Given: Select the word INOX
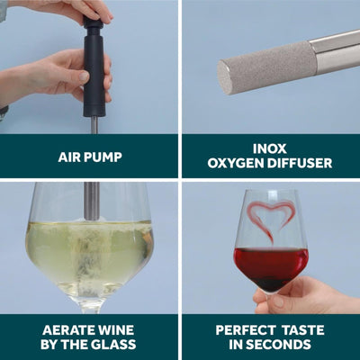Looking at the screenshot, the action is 269,148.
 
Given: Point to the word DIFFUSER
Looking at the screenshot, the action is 300,163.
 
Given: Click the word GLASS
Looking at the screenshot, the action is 116,345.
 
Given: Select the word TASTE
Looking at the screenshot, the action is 303,330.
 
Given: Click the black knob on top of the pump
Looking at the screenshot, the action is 94,22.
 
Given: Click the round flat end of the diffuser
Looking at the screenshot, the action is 224,77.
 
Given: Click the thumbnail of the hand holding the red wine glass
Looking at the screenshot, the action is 279,301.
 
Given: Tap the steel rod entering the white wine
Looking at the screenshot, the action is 92,202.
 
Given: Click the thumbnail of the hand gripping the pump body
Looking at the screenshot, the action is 84,76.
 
